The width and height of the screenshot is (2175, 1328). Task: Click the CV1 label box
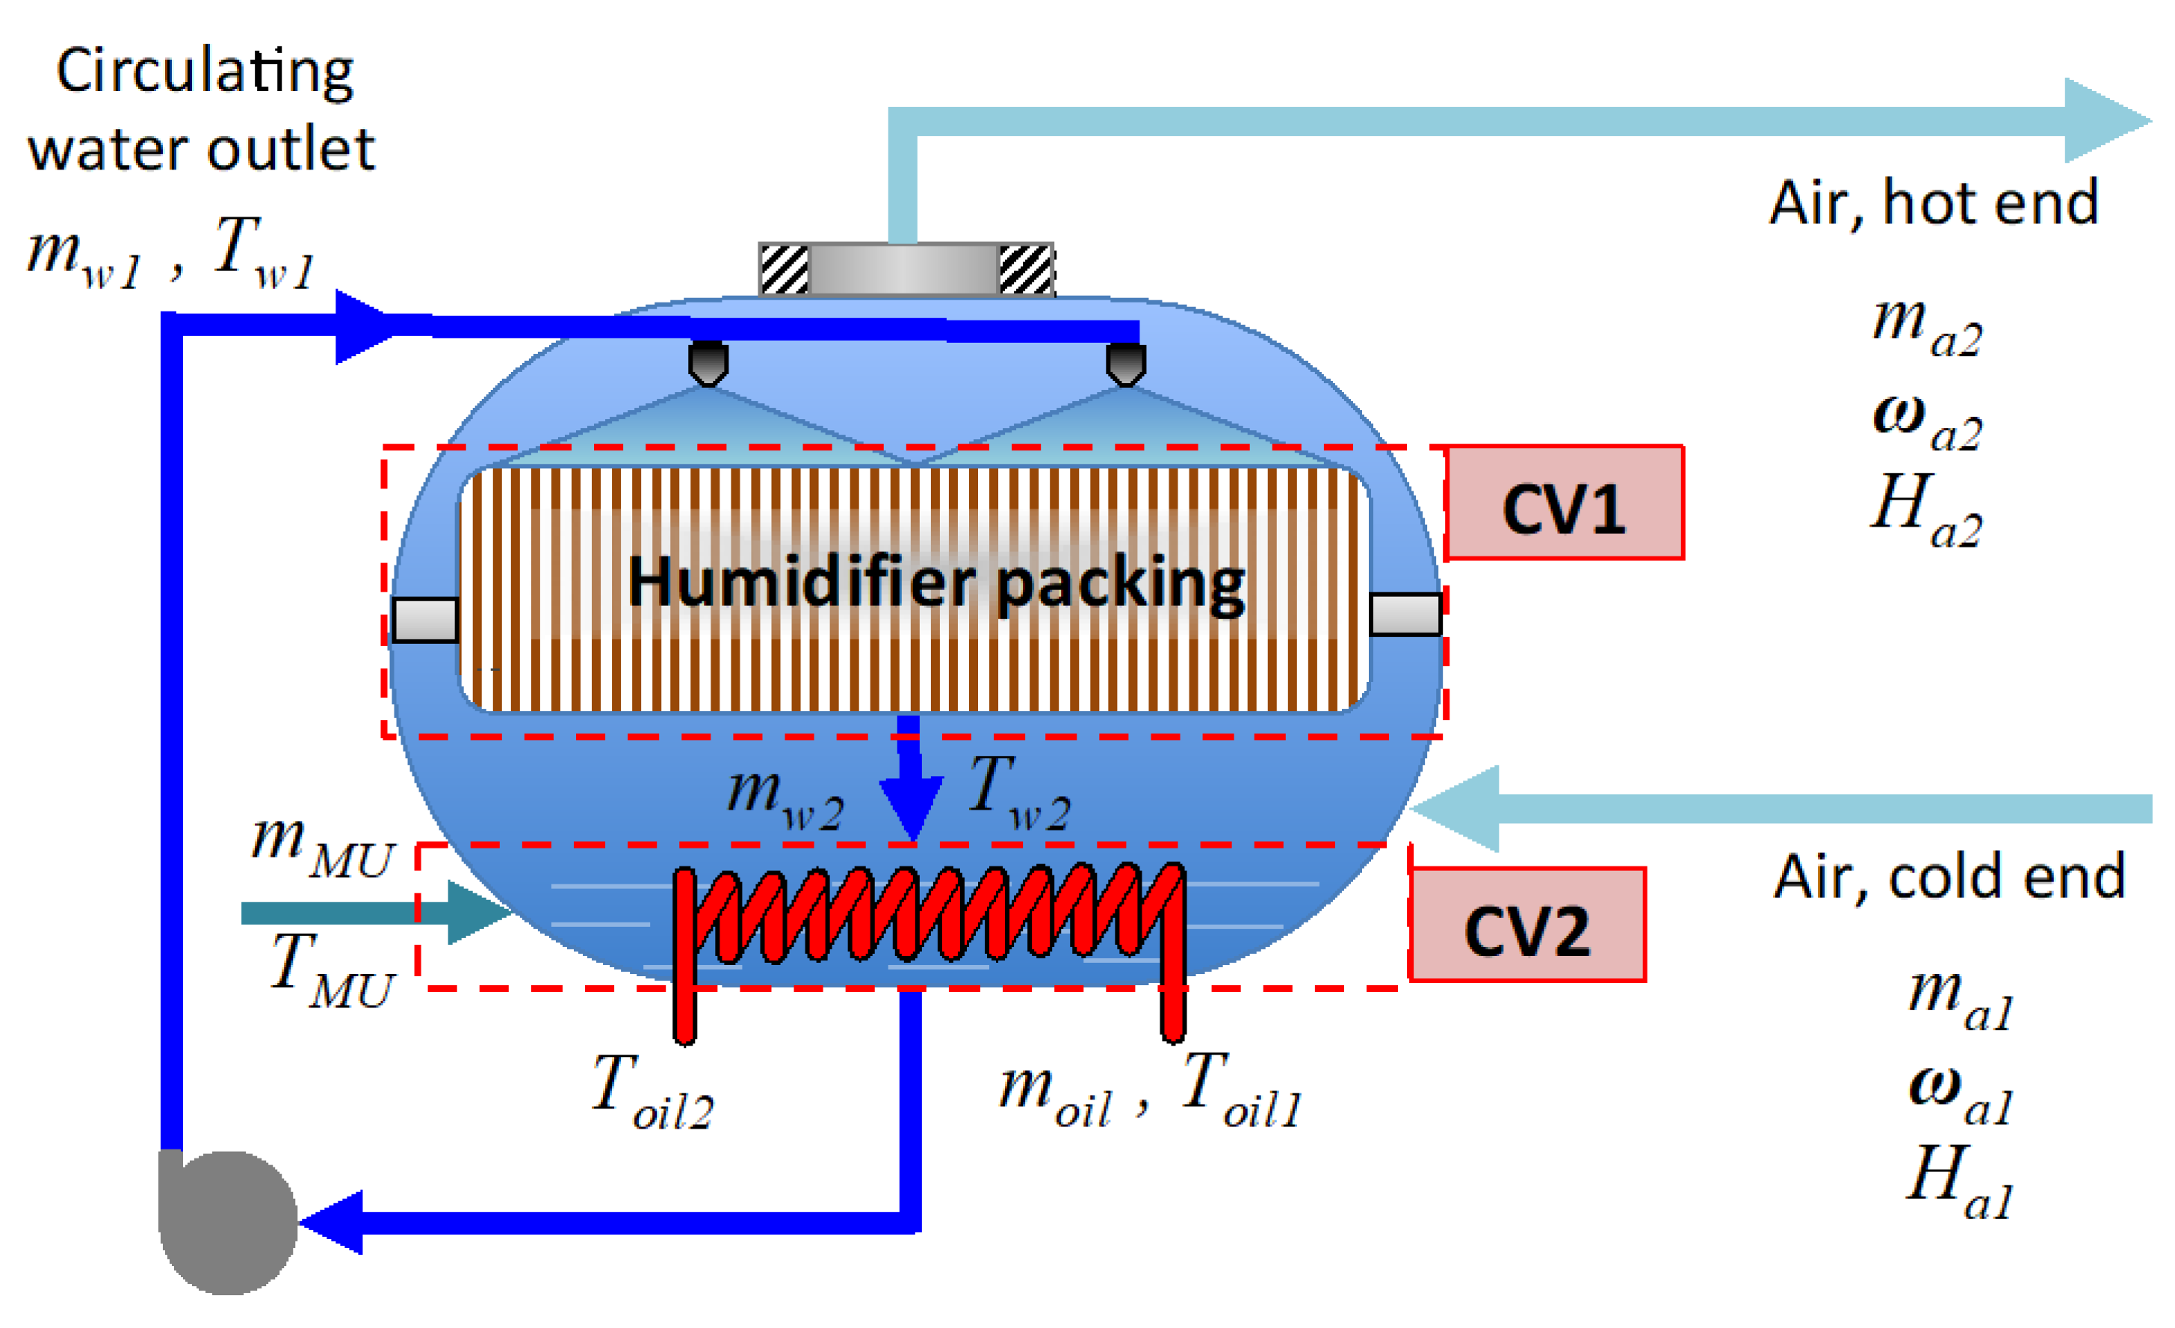click(x=1564, y=503)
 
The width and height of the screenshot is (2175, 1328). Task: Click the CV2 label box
click(x=1527, y=925)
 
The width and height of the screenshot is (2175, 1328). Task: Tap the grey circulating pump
click(x=228, y=1222)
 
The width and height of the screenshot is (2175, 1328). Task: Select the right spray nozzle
click(x=1125, y=364)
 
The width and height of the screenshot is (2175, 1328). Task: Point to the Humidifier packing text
click(x=935, y=583)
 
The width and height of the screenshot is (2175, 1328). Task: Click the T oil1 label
click(x=1240, y=1090)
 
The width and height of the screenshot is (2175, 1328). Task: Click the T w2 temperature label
click(x=1020, y=792)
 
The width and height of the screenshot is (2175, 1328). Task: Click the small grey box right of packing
click(x=1405, y=615)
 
